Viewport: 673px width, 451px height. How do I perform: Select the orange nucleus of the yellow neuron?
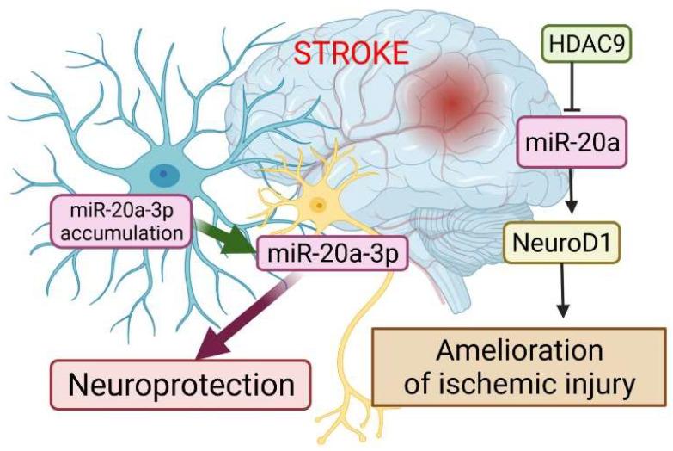319,205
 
